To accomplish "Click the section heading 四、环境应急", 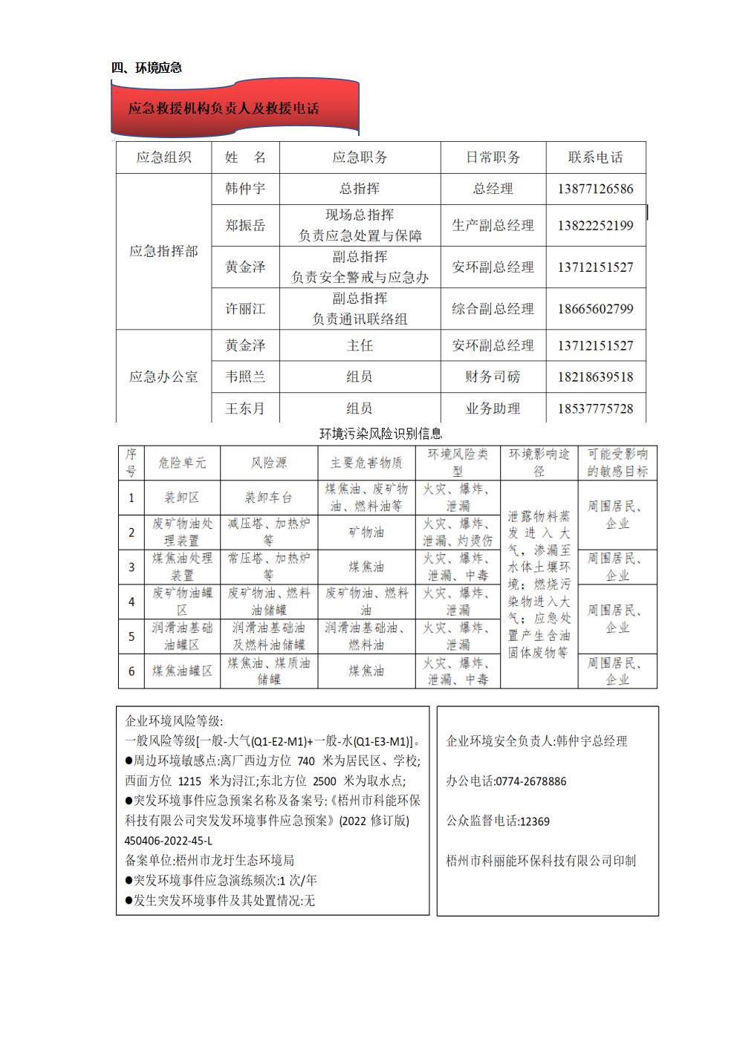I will [147, 68].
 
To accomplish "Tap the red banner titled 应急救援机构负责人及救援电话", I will [224, 108].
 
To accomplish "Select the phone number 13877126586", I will [595, 189].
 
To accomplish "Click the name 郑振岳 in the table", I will [245, 225].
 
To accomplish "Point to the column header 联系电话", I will [595, 157].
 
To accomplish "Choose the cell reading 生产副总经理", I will [493, 225].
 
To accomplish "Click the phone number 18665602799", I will [595, 308].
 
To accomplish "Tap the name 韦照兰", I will [245, 377].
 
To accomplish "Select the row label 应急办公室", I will [163, 377].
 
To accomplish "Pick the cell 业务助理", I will [493, 408].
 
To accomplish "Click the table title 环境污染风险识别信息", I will [380, 434].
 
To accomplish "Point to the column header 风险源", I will [268, 463].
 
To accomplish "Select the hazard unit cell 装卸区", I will [182, 498].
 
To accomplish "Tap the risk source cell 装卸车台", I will [268, 498].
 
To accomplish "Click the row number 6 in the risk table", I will [132, 671].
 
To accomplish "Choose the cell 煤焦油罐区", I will [182, 671].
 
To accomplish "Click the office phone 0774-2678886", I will [530, 781].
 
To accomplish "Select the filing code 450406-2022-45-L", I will [169, 841].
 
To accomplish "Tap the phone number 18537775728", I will [595, 408].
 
